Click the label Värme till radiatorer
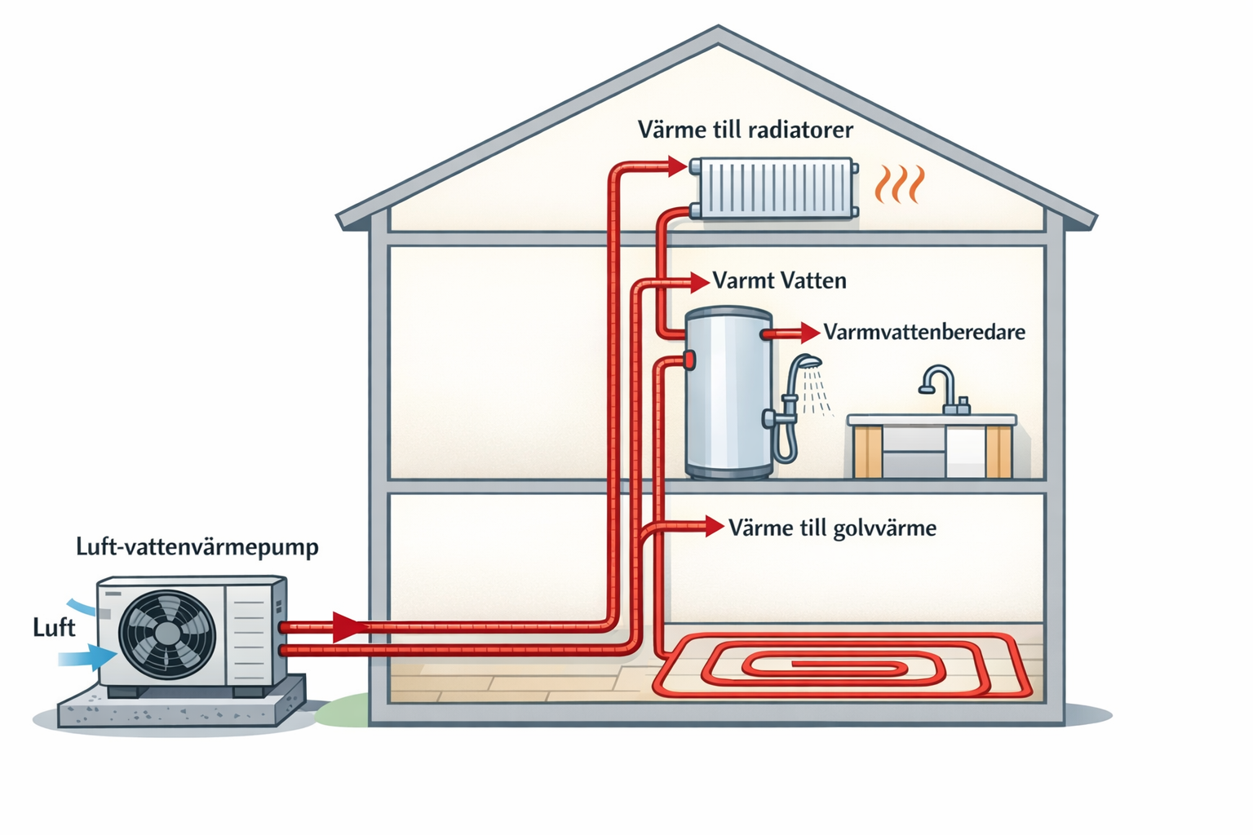point(745,130)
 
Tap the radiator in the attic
point(773,189)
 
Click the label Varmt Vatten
point(779,281)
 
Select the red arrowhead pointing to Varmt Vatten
point(699,282)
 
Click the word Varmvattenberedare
point(923,332)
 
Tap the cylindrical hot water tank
point(728,393)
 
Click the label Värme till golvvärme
point(832,528)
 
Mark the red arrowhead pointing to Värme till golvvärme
point(715,526)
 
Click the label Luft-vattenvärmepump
point(197,546)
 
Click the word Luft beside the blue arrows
point(54,627)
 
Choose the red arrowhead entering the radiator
point(677,166)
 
